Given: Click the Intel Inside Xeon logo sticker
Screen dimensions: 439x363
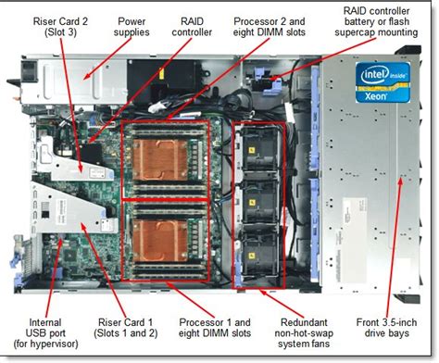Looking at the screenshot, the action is point(383,82).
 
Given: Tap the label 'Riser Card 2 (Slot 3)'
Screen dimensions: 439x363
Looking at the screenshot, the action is point(60,27).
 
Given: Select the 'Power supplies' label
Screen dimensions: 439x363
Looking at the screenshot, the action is point(132,27).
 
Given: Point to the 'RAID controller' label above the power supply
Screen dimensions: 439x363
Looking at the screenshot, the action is point(192,27).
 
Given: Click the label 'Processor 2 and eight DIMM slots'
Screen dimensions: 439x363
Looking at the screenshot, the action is point(270,27).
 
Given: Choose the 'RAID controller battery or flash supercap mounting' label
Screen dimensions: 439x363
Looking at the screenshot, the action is point(376,21).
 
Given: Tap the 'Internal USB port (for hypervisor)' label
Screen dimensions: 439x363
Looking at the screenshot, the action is point(45,333).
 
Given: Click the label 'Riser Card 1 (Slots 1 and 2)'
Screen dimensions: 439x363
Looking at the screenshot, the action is point(125,328).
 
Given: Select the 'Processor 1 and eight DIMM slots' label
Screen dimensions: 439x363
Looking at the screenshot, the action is point(215,328).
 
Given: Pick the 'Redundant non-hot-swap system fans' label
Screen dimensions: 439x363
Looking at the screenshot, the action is point(304,333).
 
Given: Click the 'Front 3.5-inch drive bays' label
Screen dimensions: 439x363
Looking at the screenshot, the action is point(386,328).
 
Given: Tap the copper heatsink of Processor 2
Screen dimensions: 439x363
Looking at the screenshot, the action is point(159,160).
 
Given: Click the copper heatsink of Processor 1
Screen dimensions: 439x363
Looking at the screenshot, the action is point(159,240).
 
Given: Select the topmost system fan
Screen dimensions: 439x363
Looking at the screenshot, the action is point(258,150).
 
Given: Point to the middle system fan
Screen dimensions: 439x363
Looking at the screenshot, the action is point(258,201).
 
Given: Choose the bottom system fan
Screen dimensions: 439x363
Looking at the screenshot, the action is point(258,254).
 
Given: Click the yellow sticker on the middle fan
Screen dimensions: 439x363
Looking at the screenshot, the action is point(253,203).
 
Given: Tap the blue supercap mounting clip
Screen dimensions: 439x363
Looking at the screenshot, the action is point(268,81).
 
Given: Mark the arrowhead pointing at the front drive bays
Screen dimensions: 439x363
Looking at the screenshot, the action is point(400,182).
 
